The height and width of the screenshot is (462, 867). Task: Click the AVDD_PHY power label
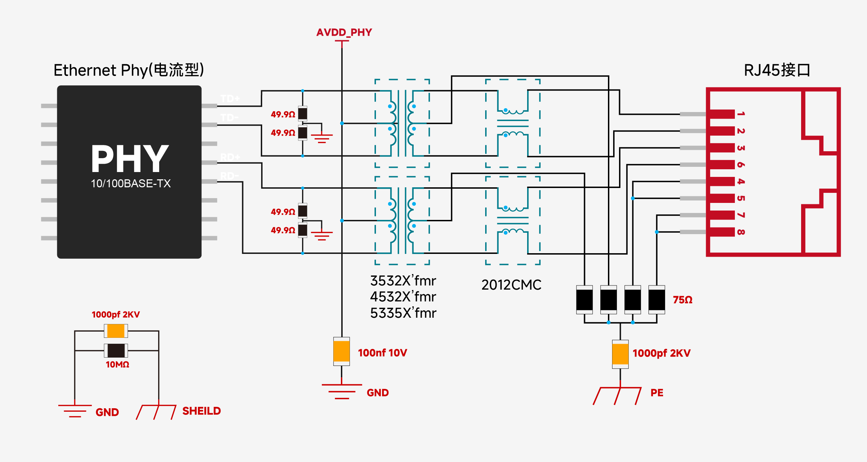pyautogui.click(x=344, y=33)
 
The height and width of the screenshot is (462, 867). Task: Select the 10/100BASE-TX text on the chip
pyautogui.click(x=131, y=183)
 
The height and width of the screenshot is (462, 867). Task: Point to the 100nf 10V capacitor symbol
pyautogui.click(x=342, y=351)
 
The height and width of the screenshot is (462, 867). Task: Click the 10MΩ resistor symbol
pyautogui.click(x=116, y=351)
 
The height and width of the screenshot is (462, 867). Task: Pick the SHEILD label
pyautogui.click(x=201, y=411)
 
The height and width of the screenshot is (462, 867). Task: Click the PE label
pyautogui.click(x=657, y=393)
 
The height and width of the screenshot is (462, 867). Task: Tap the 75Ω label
pyautogui.click(x=683, y=300)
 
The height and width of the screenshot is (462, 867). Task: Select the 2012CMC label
pyautogui.click(x=511, y=285)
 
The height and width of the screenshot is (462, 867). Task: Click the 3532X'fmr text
pyautogui.click(x=403, y=281)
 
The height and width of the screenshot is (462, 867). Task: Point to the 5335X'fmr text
pyautogui.click(x=403, y=313)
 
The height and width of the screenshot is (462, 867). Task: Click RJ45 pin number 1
pyautogui.click(x=741, y=114)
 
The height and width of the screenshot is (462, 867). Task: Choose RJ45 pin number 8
pyautogui.click(x=741, y=232)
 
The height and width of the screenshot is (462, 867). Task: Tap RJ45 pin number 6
pyautogui.click(x=741, y=165)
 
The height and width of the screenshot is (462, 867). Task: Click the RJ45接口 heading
pyautogui.click(x=777, y=70)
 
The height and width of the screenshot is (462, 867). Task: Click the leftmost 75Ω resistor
pyautogui.click(x=584, y=300)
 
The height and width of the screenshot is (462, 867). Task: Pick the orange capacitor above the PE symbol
pyautogui.click(x=620, y=354)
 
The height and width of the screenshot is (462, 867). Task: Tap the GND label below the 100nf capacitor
pyautogui.click(x=378, y=393)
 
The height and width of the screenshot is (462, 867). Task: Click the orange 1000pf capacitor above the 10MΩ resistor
pyautogui.click(x=116, y=331)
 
